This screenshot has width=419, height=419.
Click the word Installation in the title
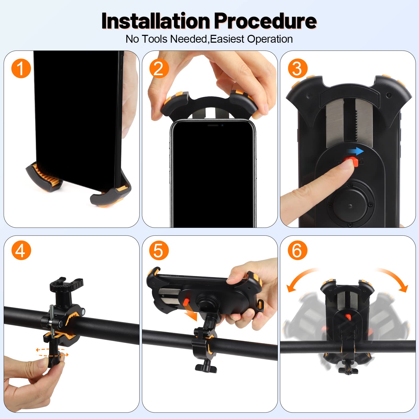[156, 21]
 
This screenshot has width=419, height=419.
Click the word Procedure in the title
[266, 21]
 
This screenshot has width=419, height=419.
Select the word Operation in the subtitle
[270, 39]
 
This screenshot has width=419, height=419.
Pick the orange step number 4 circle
[21, 250]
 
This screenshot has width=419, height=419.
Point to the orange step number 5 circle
[159, 250]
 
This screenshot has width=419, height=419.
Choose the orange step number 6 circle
[297, 250]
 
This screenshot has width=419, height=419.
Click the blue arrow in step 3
[355, 151]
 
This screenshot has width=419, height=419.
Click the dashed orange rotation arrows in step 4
[52, 352]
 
